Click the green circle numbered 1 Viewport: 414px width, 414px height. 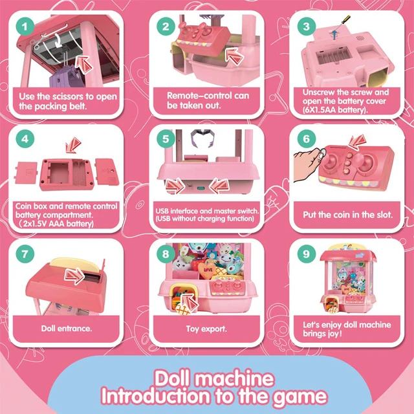coord(24,27)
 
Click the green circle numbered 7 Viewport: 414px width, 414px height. coord(24,254)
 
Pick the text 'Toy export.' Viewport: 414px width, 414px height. coord(206,329)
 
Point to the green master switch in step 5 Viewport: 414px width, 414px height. coord(201,190)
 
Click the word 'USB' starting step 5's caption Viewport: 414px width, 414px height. coord(163,211)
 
